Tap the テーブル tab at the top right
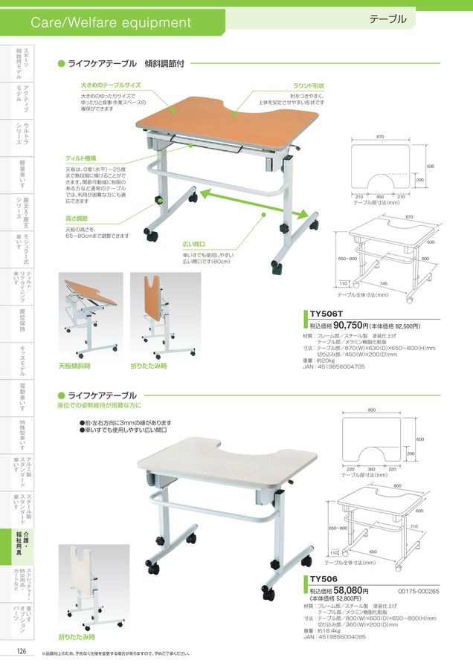[x=387, y=19]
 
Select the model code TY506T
[x=325, y=315]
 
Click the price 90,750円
[x=353, y=326]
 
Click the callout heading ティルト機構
[x=81, y=158]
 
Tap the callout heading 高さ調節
[x=77, y=219]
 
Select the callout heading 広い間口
[x=194, y=244]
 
